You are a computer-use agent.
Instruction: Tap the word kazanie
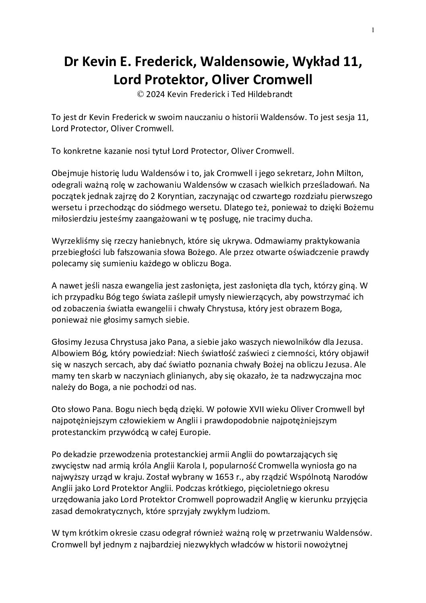115,151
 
